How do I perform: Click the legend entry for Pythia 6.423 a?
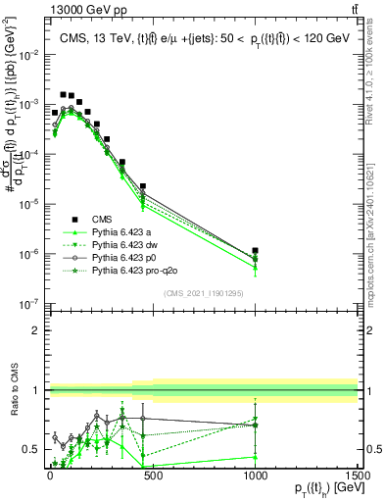[123, 231]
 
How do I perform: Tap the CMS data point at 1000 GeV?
[256, 251]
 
